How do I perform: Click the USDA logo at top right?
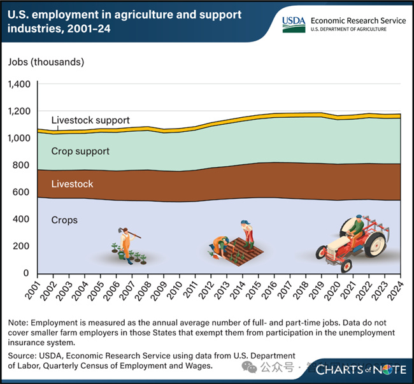tap(294, 24)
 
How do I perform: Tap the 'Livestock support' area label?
tap(90, 120)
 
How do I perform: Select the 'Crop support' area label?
tap(80, 152)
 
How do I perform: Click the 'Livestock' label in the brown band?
tap(72, 184)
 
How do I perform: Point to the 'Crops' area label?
tap(64, 220)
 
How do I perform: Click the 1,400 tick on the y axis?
tap(20, 84)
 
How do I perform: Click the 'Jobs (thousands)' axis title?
tap(46, 62)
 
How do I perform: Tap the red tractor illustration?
tap(352, 241)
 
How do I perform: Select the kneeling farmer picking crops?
tap(220, 245)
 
